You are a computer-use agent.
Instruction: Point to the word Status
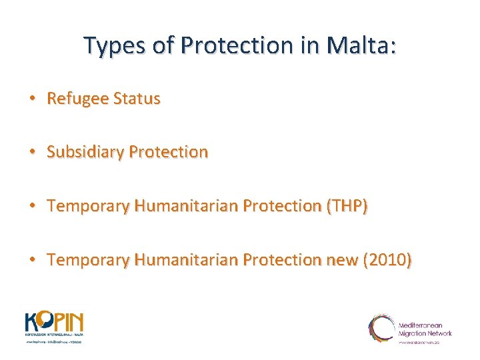coord(137,99)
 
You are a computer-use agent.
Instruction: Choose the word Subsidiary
coord(85,152)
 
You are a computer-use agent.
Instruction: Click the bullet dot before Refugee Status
coord(31,99)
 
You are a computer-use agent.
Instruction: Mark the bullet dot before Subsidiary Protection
coord(31,152)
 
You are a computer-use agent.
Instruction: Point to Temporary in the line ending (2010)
coord(88,260)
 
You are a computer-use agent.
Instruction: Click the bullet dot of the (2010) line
coord(31,260)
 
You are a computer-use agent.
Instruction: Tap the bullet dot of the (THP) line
coord(31,206)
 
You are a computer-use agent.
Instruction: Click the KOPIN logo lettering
coord(55,322)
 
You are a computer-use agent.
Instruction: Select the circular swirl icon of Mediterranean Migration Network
coord(381,328)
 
